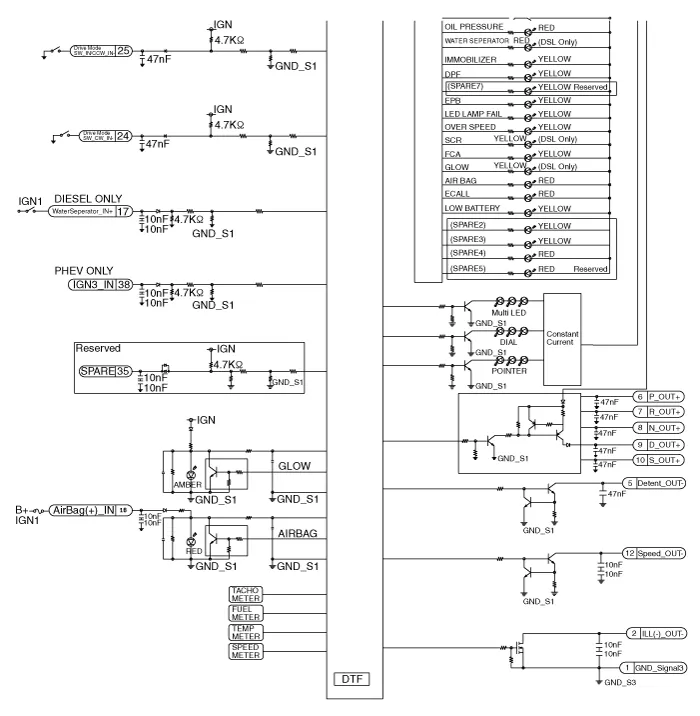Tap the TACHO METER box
tap(245, 594)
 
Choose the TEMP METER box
tap(245, 633)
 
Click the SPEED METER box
tap(245, 653)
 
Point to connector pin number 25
tap(123, 50)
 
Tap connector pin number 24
tap(123, 137)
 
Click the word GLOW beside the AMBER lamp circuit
tap(295, 465)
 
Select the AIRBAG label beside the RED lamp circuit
tap(299, 534)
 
